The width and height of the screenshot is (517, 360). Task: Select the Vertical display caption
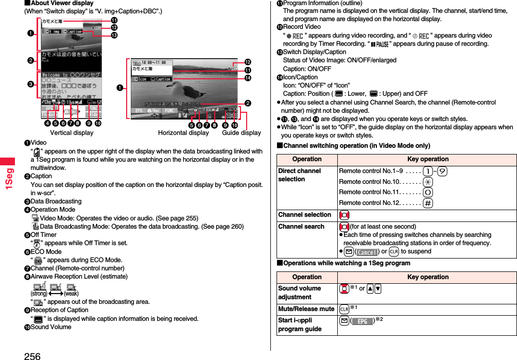tap(72, 133)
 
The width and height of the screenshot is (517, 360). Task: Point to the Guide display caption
tap(242, 133)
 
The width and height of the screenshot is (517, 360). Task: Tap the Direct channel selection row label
tap(299, 175)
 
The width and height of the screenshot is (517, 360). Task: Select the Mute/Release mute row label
tap(306, 309)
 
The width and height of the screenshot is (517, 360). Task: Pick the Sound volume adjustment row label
tap(299, 293)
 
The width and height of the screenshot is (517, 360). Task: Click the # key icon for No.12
tap(428, 203)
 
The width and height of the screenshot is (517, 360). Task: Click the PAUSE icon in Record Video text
tap(379, 44)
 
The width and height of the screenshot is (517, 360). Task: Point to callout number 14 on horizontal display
tap(248, 78)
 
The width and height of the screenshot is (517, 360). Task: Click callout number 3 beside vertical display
tap(31, 84)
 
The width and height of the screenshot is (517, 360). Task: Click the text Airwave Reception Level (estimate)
tap(79, 277)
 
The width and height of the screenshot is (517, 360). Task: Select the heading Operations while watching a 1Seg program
tap(344, 263)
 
